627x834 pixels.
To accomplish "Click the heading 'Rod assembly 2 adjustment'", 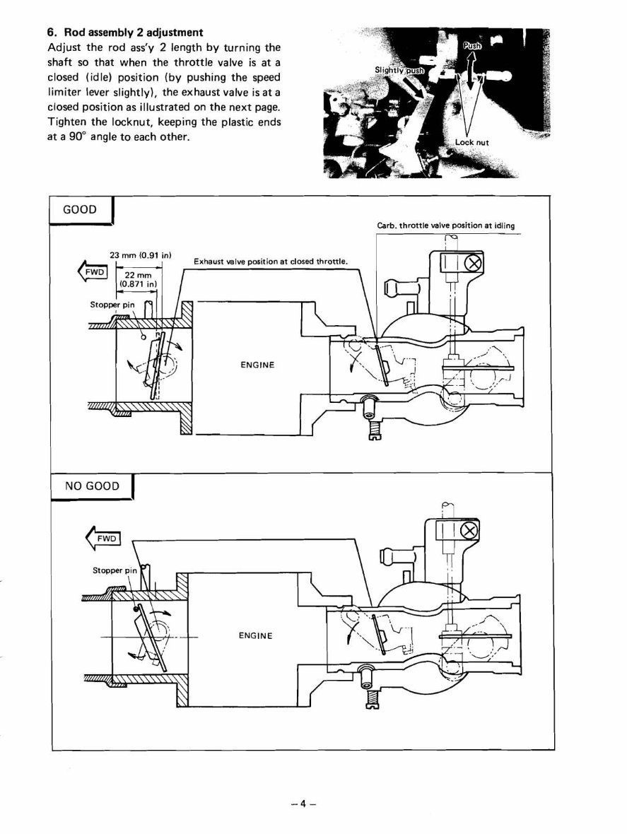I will click(x=132, y=33).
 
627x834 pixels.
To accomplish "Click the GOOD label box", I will click(x=80, y=210).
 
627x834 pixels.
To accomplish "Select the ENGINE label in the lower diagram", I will click(x=255, y=635).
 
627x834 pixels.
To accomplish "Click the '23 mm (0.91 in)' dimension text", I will click(x=142, y=254).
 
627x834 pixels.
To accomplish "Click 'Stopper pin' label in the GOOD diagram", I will click(x=112, y=305).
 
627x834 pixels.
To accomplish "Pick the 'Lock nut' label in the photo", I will click(x=471, y=142).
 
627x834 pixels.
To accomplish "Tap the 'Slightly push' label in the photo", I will click(x=400, y=70).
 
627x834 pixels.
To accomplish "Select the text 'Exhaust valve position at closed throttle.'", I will click(x=271, y=261).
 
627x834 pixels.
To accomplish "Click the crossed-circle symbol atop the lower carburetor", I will click(x=467, y=532).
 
